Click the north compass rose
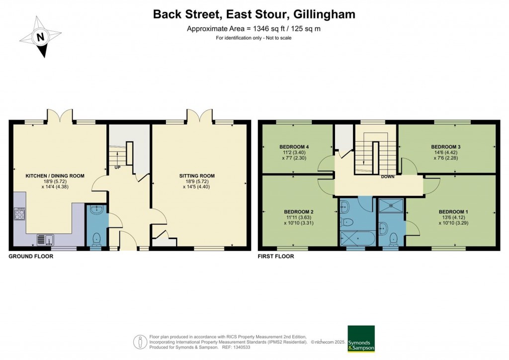[41, 36]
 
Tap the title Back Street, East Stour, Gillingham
[254, 14]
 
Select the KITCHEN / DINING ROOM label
[55, 176]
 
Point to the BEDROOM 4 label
[294, 147]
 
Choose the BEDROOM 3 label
[446, 147]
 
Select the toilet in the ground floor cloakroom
[96, 239]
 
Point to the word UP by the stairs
[117, 167]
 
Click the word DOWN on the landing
[388, 177]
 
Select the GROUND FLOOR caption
[31, 257]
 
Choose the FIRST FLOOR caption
[276, 257]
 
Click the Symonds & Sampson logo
[361, 339]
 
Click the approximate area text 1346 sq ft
[254, 29]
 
